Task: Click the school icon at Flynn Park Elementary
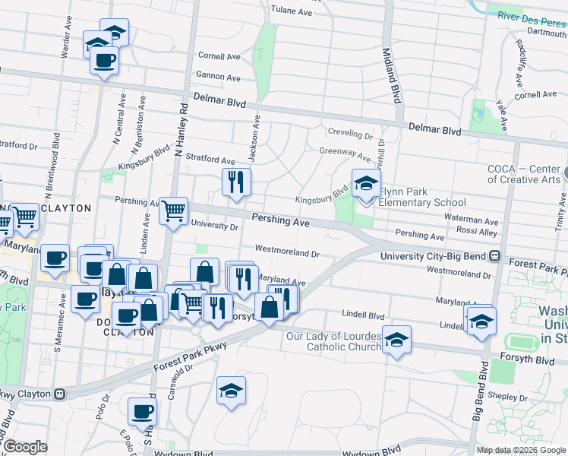click(366, 185)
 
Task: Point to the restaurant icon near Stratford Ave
click(236, 182)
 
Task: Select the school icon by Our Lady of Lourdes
click(396, 340)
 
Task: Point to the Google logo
click(24, 447)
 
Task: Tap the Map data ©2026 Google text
click(520, 450)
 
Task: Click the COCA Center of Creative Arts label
click(524, 174)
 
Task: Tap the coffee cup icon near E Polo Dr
click(141, 412)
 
